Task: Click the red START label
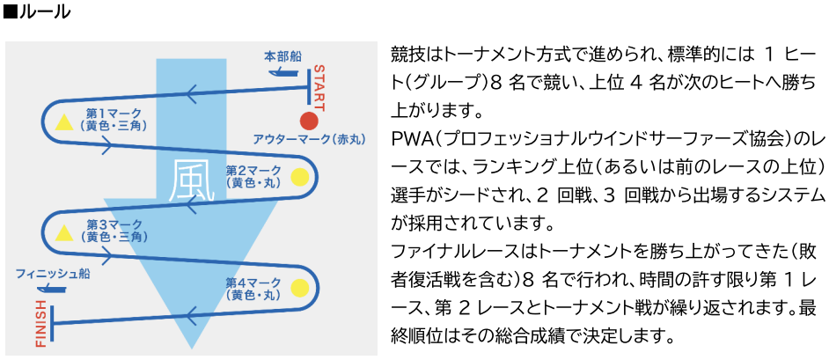(x=319, y=87)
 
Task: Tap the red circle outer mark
(x=308, y=121)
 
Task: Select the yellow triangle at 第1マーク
(x=63, y=121)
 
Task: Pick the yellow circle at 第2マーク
(x=299, y=176)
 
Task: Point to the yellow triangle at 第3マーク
(x=63, y=231)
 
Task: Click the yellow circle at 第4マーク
(x=299, y=287)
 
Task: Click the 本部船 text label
(x=282, y=56)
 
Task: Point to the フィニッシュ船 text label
(x=48, y=274)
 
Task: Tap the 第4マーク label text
(x=253, y=283)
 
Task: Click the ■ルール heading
(x=36, y=13)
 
